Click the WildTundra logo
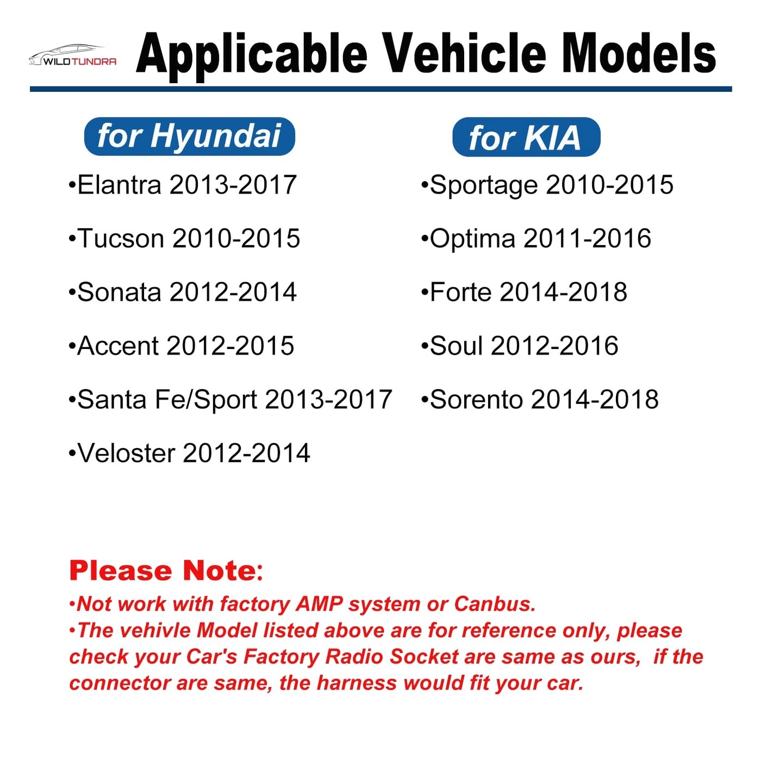point(72,57)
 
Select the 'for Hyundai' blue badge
point(189,136)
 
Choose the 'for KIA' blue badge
point(526,138)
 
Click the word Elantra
point(120,185)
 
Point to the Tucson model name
point(121,239)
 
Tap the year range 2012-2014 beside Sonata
point(233,292)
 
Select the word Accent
point(117,346)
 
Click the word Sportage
point(483,185)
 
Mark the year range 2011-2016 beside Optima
point(587,239)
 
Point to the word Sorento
point(476,400)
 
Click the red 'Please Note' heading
point(163,571)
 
